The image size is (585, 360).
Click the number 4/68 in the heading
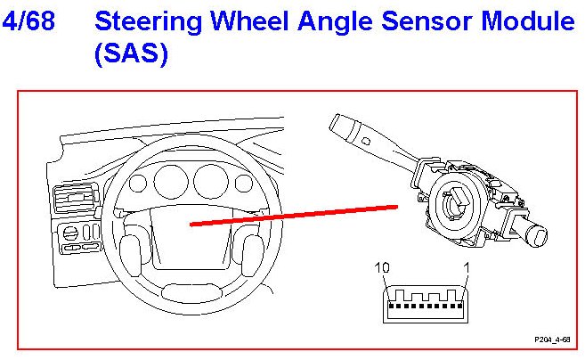29,21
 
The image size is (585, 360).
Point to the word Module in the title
529,21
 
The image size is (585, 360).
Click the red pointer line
294,216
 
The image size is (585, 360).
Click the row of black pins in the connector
422,304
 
